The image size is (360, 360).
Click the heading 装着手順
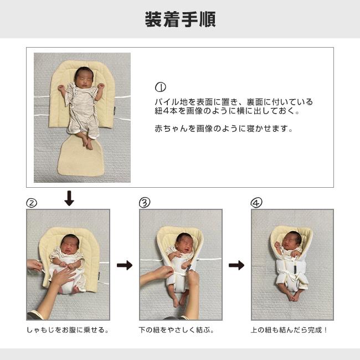[180, 19]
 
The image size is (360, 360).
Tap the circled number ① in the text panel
[161, 88]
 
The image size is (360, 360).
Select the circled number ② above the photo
[32, 203]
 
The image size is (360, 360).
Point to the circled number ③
[145, 203]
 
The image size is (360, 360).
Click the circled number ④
[256, 203]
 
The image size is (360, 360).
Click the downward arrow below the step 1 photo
[69, 198]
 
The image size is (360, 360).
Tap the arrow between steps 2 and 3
[125, 265]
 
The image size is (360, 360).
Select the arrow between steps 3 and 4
[236, 265]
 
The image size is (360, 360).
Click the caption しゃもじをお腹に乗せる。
[68, 330]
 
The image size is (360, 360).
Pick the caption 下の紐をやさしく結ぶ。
[177, 330]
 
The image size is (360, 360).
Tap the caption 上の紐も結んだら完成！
[290, 330]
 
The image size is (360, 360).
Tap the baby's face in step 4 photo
[292, 241]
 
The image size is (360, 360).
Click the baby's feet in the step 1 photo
[88, 143]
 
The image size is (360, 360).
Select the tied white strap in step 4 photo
[292, 272]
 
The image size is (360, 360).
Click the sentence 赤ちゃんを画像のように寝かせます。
[223, 128]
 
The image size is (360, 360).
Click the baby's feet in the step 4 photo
[292, 296]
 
